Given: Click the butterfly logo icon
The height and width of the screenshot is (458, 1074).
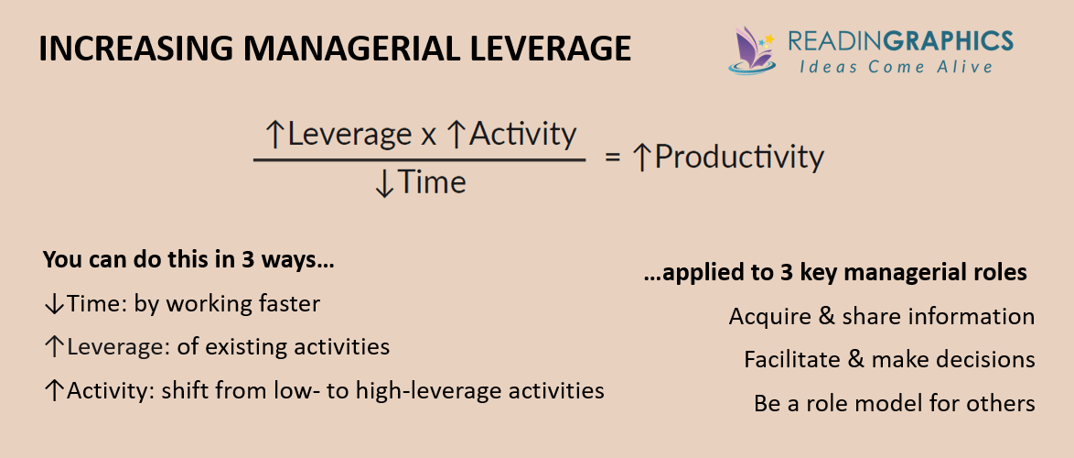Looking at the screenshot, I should coord(752,49).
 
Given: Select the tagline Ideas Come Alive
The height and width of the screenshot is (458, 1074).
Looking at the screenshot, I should coord(896,67).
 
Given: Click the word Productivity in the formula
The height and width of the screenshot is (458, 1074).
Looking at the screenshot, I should coord(739,158).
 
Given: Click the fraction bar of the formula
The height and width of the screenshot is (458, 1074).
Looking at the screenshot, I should coord(419,160).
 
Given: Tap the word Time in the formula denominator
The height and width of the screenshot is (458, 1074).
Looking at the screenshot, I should coord(432,182).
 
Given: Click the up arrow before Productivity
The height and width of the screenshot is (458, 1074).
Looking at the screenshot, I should coord(642,158).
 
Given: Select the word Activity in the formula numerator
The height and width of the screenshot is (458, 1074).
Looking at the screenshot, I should coord(522,135).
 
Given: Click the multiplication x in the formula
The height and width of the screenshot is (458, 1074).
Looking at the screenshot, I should coord(428,136).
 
